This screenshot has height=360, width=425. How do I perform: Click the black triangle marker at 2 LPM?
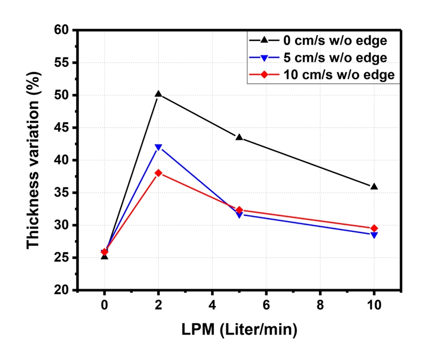tap(159, 94)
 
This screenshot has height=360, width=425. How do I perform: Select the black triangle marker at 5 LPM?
tap(239, 137)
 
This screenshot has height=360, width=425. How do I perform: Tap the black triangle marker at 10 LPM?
tap(374, 187)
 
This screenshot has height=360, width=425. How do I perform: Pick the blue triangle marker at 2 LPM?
tap(159, 147)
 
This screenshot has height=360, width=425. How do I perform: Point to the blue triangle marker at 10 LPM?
tap(374, 235)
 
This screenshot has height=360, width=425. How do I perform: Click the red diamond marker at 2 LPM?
tap(159, 173)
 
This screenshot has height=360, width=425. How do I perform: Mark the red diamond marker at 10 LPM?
tap(374, 228)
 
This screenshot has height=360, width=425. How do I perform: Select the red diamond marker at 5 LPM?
tap(239, 210)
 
